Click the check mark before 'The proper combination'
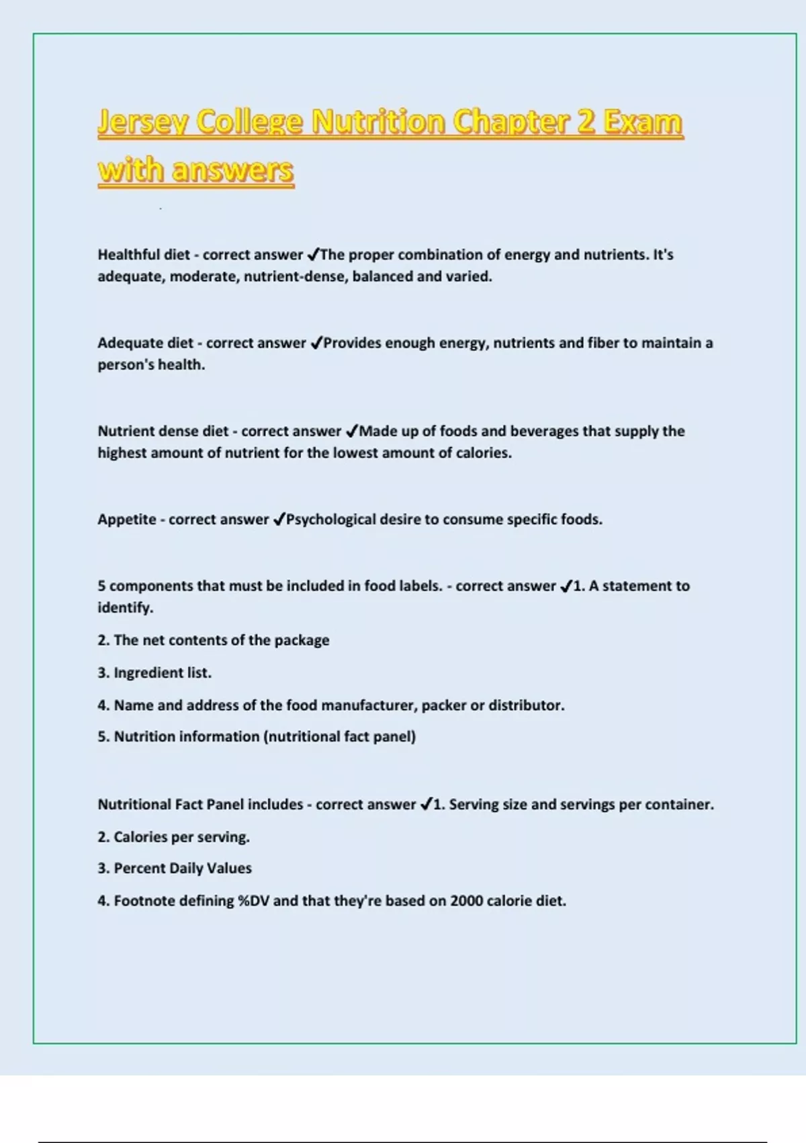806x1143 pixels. tap(313, 255)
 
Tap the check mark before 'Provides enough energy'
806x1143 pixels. tap(316, 343)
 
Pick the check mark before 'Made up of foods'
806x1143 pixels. tap(351, 431)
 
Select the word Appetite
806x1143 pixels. tap(127, 520)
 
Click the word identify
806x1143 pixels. tap(124, 608)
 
